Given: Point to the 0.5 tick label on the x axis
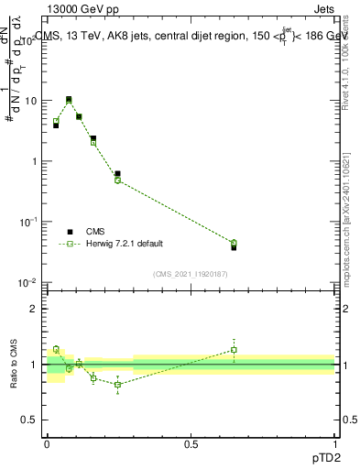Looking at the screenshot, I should pyautogui.click(x=191, y=442).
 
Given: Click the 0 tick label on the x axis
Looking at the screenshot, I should pyautogui.click(x=47, y=442).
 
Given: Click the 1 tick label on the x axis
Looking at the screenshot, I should pyautogui.click(x=334, y=442).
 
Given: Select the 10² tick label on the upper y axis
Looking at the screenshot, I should pyautogui.click(x=30, y=40).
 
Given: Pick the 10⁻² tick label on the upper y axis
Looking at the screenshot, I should pyautogui.click(x=29, y=282).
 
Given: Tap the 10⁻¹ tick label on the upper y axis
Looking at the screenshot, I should pyautogui.click(x=29, y=222).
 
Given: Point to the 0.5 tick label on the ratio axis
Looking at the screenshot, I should pyautogui.click(x=30, y=420).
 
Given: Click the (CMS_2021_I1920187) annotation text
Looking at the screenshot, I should pyautogui.click(x=191, y=273).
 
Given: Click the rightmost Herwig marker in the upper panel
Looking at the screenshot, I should pyautogui.click(x=234, y=243).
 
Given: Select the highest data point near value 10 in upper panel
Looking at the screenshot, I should pyautogui.click(x=69, y=99).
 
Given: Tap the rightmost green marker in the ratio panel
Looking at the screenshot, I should pyautogui.click(x=234, y=350).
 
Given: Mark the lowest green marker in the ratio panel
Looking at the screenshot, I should pyautogui.click(x=117, y=385).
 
